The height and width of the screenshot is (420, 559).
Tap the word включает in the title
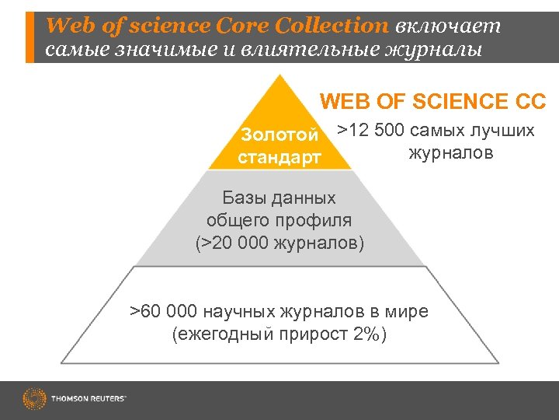447,26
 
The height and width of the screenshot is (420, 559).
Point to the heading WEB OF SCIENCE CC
433,102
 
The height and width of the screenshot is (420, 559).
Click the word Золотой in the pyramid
279,135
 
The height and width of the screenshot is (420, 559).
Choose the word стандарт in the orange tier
279,158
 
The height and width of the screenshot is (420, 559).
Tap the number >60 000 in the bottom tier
164,312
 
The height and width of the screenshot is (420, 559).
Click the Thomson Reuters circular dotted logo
34,399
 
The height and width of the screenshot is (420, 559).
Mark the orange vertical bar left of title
30,37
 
